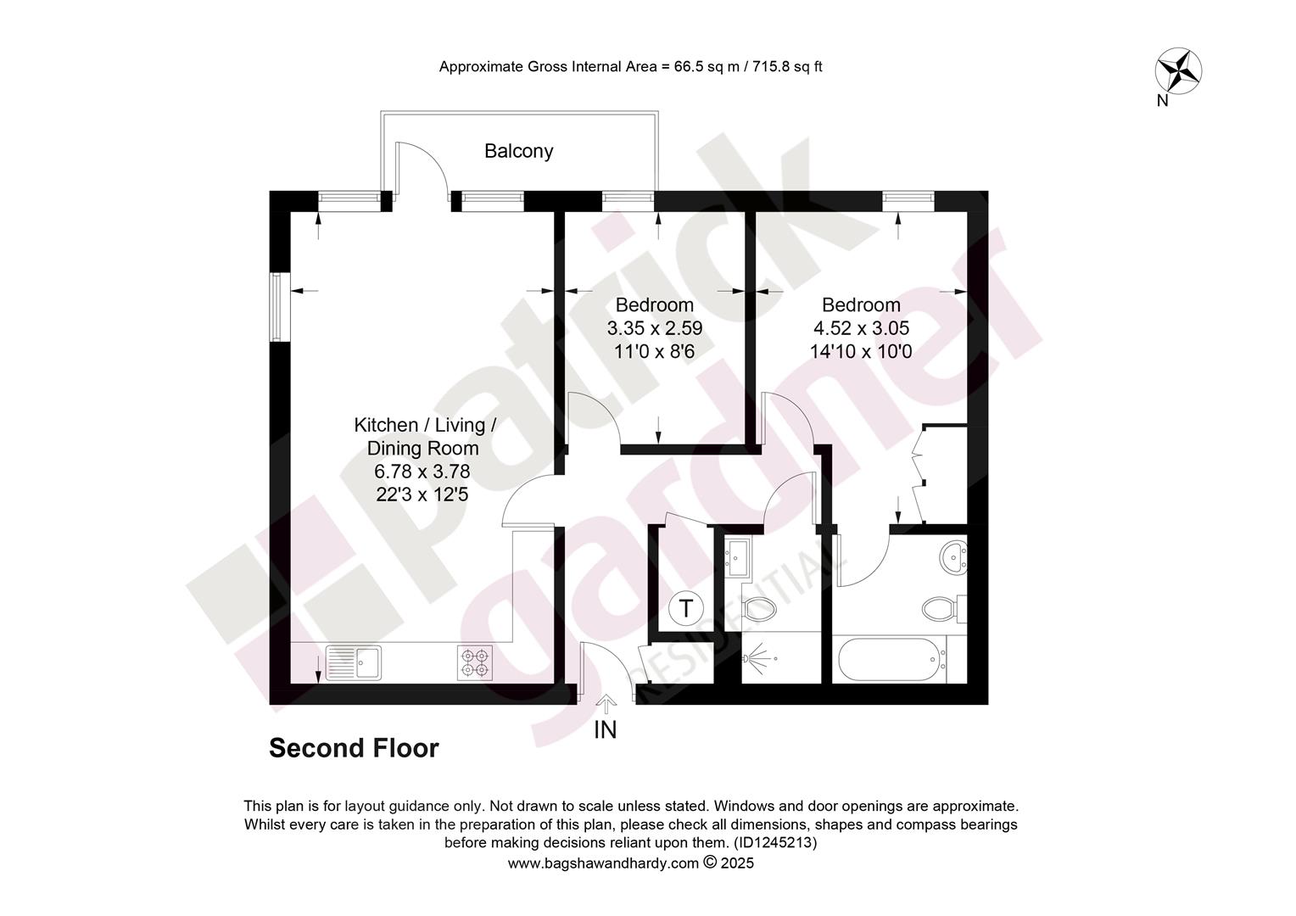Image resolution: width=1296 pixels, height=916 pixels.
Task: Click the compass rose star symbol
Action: [1178, 71]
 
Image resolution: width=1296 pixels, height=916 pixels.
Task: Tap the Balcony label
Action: [518, 151]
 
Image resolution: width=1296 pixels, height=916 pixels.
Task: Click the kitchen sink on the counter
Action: [354, 662]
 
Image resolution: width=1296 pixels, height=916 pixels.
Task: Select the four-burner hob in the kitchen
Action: [475, 662]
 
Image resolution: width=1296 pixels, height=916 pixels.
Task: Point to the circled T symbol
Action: [685, 609]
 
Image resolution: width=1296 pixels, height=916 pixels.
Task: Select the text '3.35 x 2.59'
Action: [655, 328]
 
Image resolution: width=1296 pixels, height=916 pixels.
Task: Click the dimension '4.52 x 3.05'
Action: [861, 328]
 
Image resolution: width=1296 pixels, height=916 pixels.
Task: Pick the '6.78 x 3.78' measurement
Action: [422, 472]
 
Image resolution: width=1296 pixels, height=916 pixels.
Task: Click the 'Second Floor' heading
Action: [354, 748]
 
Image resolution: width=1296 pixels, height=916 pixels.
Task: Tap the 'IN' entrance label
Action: [606, 730]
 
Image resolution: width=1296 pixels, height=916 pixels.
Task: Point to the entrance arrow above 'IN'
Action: [606, 704]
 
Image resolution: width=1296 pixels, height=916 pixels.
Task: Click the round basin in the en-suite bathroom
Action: [953, 557]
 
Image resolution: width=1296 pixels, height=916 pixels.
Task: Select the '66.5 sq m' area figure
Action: [707, 67]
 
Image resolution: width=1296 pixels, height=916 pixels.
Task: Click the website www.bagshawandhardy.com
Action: [603, 863]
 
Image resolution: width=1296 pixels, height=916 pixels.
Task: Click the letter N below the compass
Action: [1162, 101]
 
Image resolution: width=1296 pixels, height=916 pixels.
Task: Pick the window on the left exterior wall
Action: [280, 307]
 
